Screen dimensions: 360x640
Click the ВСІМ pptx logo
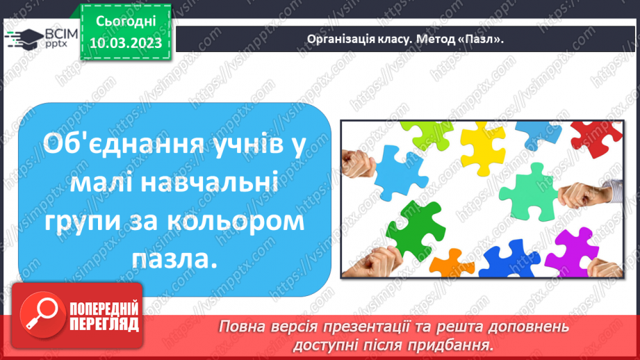(39, 38)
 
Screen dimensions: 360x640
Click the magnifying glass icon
(39, 312)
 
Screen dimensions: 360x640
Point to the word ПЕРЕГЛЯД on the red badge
(104, 323)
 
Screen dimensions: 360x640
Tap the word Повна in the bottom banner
(240, 326)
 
